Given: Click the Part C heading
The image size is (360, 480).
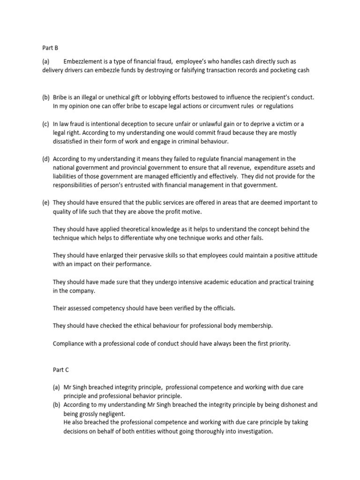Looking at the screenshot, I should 61,369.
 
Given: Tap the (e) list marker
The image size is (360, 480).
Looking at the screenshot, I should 46,203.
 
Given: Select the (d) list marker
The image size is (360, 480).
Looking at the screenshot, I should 46,159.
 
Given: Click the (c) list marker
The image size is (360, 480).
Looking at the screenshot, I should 46,124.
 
